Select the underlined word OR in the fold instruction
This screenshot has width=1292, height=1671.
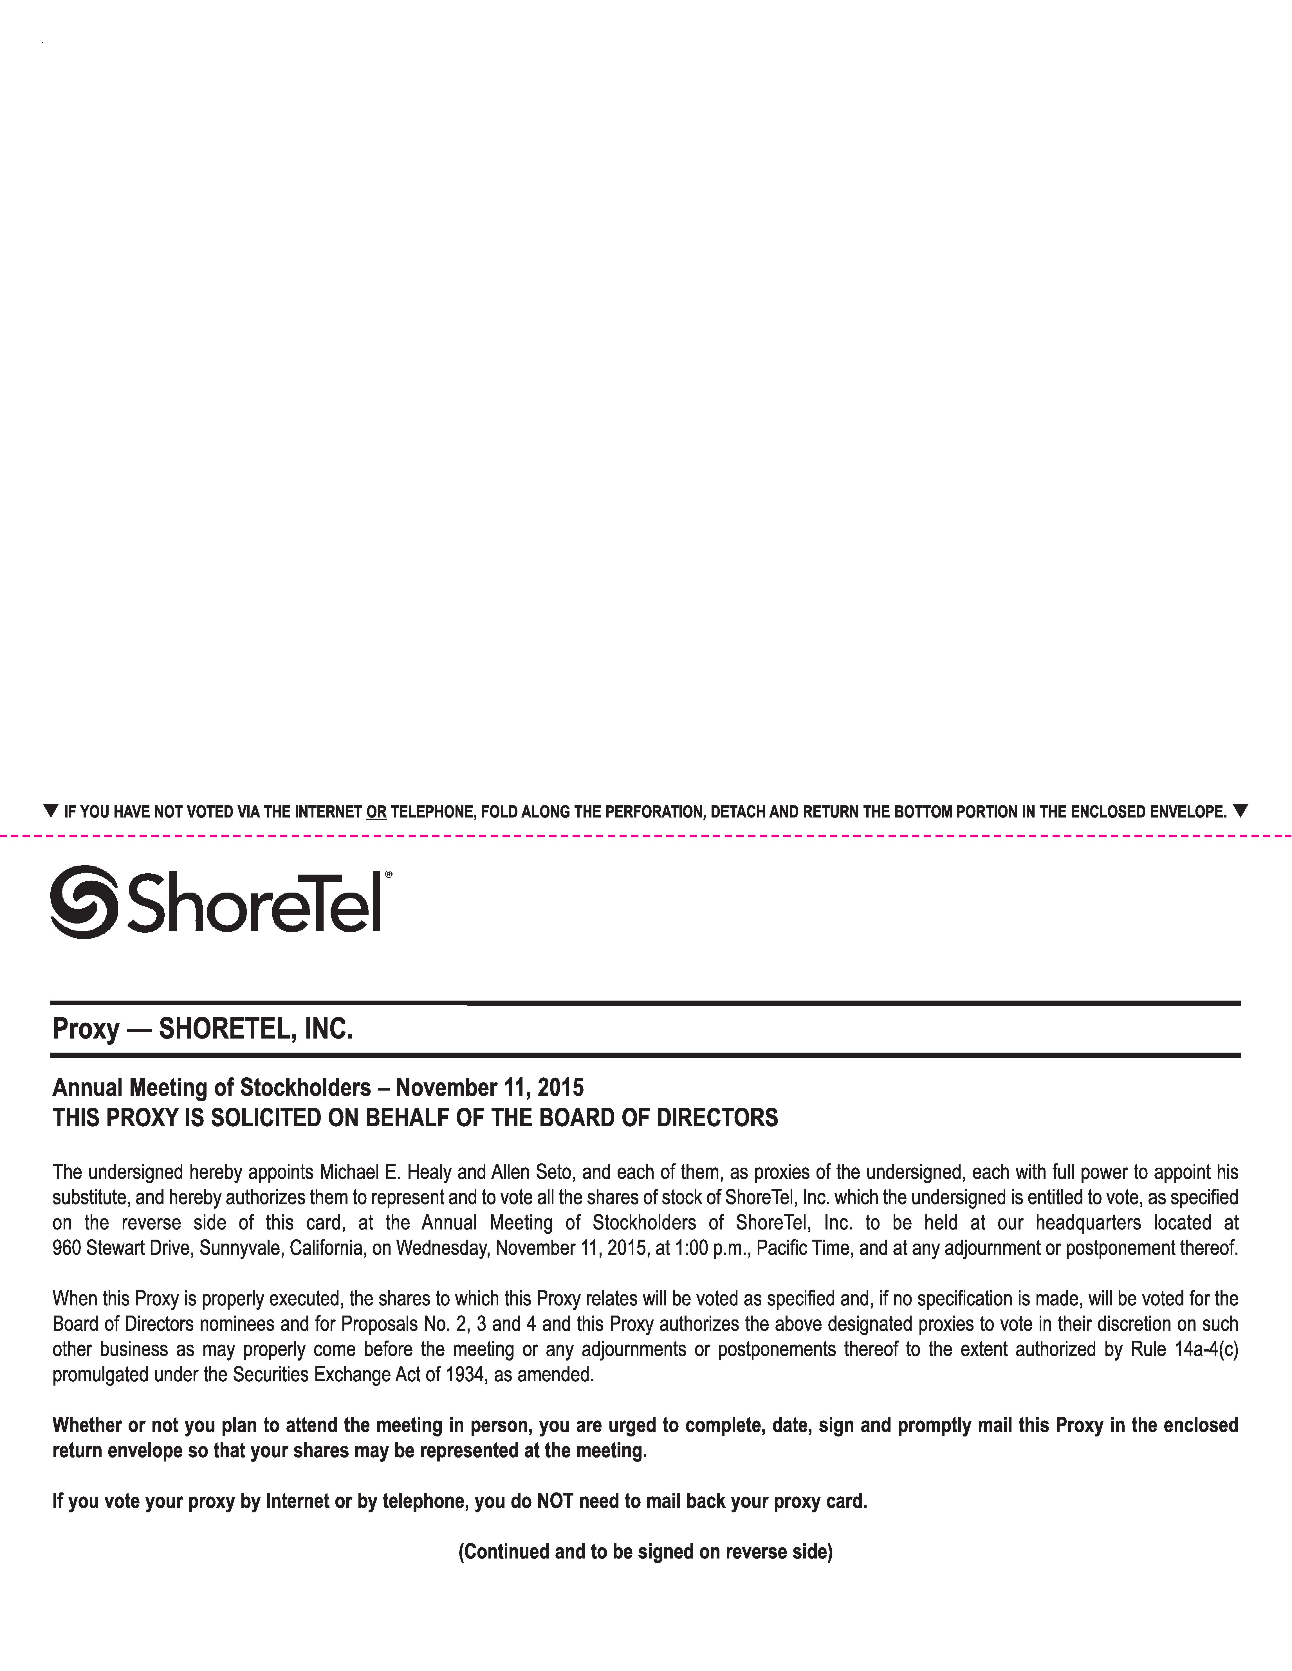pos(376,812)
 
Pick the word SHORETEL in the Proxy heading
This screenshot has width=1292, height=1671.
pos(226,1029)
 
